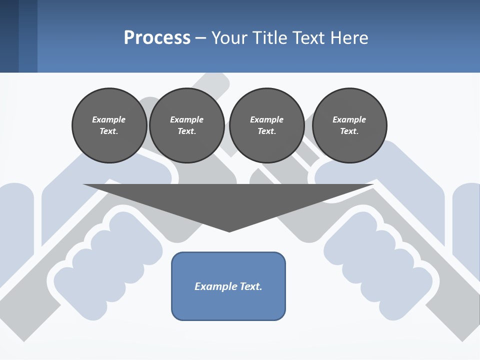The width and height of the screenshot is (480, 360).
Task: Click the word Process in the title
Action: click(157, 38)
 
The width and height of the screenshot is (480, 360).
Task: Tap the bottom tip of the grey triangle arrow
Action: click(229, 231)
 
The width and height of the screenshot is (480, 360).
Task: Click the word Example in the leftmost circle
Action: click(109, 119)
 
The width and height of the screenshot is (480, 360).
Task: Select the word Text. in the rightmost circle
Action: click(349, 131)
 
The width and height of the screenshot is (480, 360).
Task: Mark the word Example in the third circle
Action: click(266, 119)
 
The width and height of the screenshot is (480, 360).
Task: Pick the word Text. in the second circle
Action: click(186, 131)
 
